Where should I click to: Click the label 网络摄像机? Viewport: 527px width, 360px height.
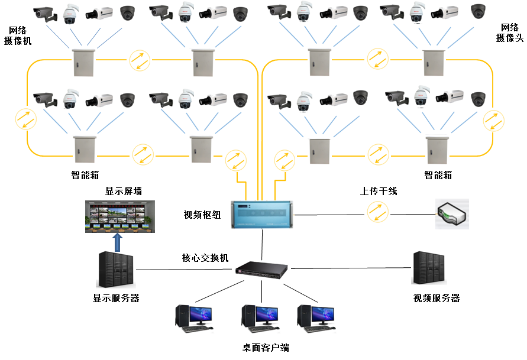18,35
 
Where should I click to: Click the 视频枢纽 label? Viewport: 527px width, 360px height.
202,215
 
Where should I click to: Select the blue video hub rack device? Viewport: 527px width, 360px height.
263,214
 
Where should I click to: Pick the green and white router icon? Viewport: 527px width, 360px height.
452,214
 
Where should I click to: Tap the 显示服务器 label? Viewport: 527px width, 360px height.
116,298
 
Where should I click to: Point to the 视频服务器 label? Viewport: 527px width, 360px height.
437,298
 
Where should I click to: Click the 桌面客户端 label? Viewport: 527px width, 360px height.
265,348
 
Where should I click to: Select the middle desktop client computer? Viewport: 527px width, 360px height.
260,317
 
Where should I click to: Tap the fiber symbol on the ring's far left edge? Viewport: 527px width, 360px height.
26,118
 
